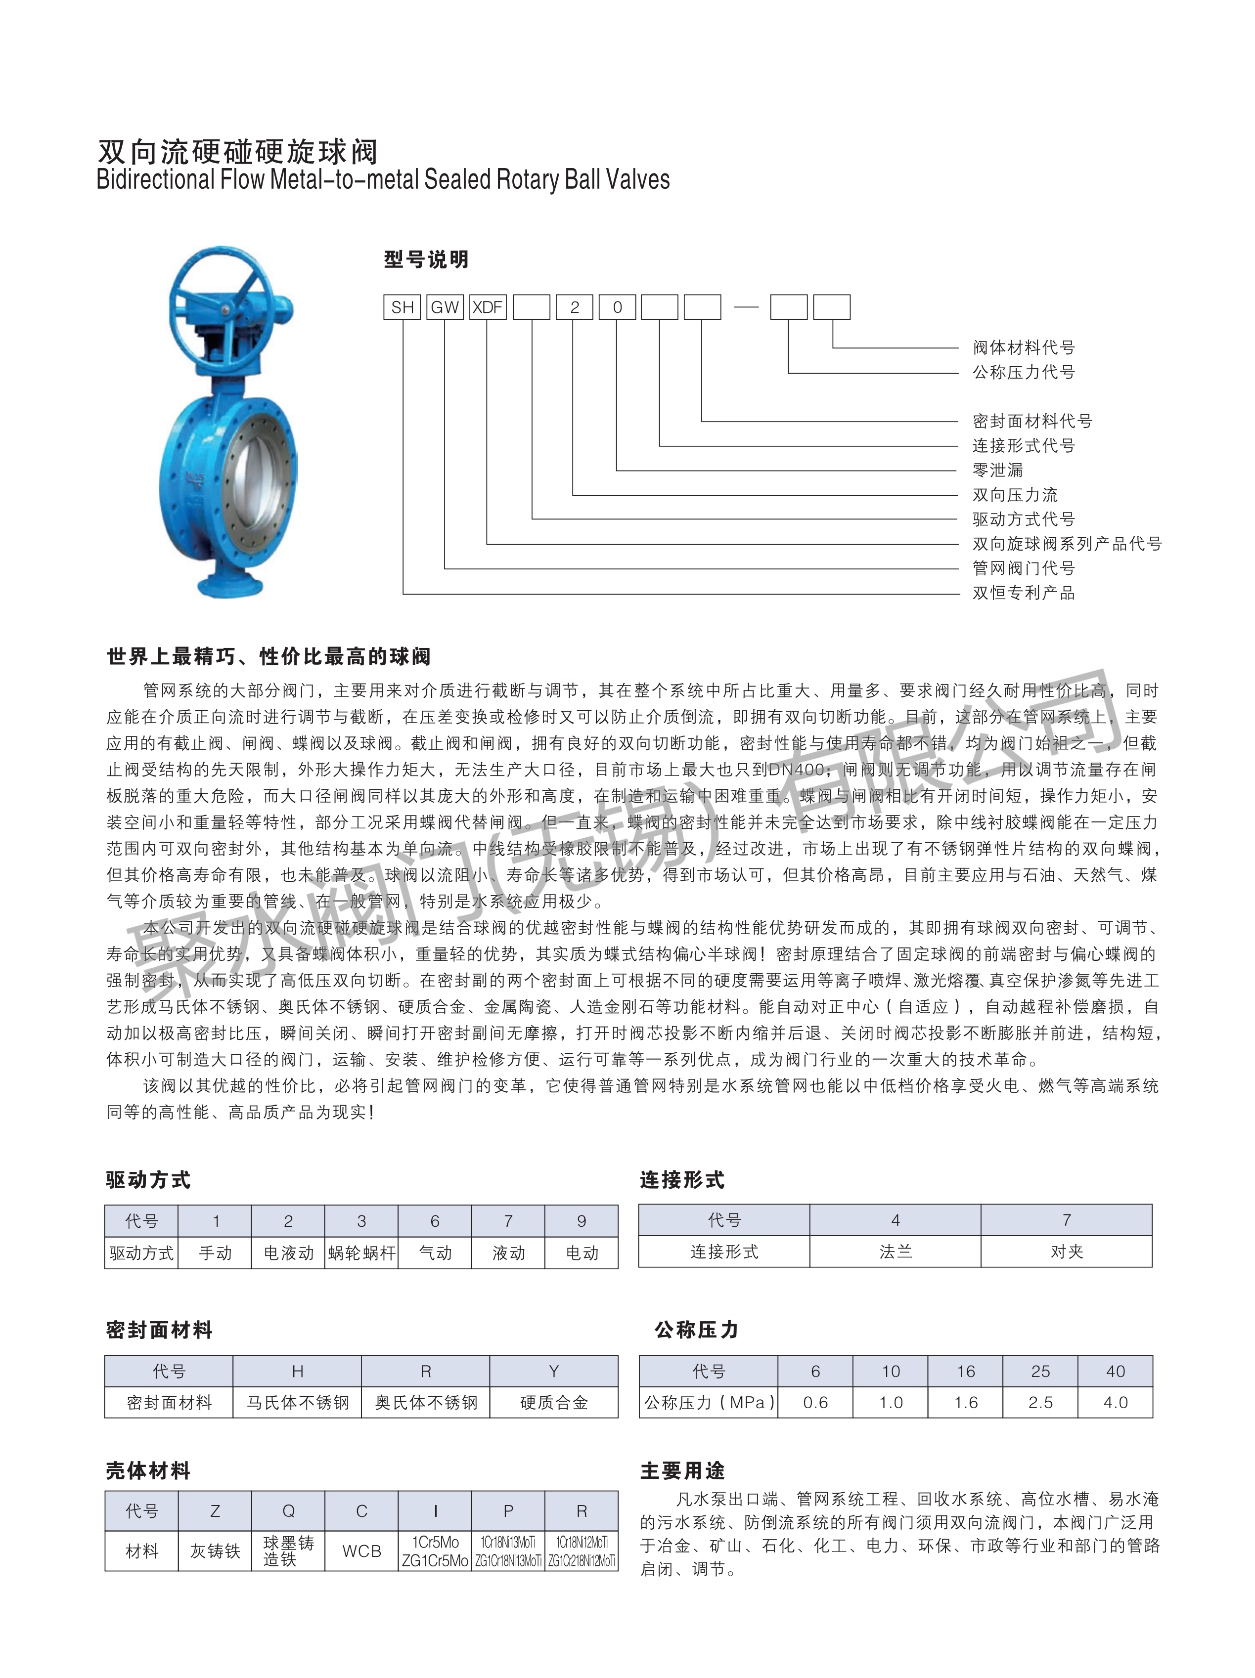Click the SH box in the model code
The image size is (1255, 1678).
[x=402, y=307]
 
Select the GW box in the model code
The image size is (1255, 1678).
[x=445, y=307]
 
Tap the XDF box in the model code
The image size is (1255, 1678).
[x=487, y=307]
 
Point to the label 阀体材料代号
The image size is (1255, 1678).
[x=1024, y=347]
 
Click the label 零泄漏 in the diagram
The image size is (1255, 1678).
[x=998, y=471]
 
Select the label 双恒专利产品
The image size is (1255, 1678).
[x=1024, y=593]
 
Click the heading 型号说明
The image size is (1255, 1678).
[x=426, y=259]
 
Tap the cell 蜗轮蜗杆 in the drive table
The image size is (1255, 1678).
[x=361, y=1252]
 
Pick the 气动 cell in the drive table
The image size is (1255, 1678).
[x=435, y=1252]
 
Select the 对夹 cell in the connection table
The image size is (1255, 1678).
[x=1066, y=1251]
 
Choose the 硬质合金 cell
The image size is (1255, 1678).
[x=554, y=1403]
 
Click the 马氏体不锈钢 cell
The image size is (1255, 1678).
[x=298, y=1403]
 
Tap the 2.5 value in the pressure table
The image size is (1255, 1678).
[x=1040, y=1403]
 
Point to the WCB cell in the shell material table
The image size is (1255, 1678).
[x=361, y=1551]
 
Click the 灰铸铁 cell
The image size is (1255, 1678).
[x=215, y=1551]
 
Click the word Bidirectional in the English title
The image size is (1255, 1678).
[x=156, y=180]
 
